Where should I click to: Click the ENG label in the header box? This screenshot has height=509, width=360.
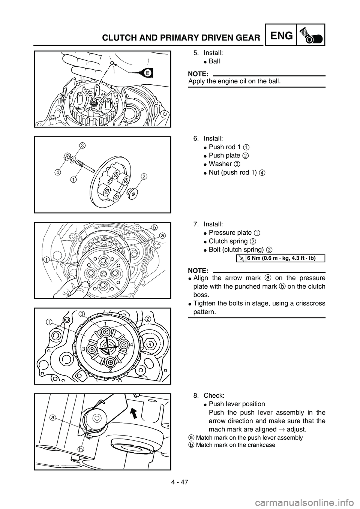(x=282, y=36)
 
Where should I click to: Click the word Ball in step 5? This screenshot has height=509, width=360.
(x=214, y=61)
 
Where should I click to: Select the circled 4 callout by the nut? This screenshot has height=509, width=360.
(x=57, y=172)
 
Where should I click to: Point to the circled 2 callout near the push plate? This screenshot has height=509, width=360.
(x=144, y=176)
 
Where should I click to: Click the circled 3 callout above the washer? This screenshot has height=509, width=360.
(x=82, y=145)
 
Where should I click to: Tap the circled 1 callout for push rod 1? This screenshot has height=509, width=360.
(x=73, y=180)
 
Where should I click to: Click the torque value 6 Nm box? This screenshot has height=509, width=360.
(x=280, y=258)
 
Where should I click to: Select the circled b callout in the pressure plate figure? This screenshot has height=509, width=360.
(x=154, y=227)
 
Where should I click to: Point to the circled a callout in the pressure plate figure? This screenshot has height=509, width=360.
(x=162, y=236)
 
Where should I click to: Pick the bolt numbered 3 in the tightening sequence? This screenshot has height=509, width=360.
(x=92, y=350)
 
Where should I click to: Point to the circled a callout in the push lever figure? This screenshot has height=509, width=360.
(x=53, y=418)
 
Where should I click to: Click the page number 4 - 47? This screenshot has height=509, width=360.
(x=180, y=482)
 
